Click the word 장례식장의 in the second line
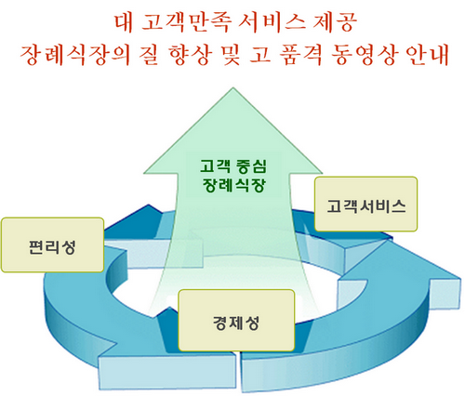point(74,56)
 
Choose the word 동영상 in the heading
point(364,56)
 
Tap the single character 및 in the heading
point(230,56)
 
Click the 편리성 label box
point(52,245)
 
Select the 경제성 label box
point(236,321)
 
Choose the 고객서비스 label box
point(365,204)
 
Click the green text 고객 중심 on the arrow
point(233,166)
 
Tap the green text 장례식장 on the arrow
point(234,185)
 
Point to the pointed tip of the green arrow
point(233,88)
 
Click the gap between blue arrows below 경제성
point(238,370)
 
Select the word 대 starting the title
point(124,22)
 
